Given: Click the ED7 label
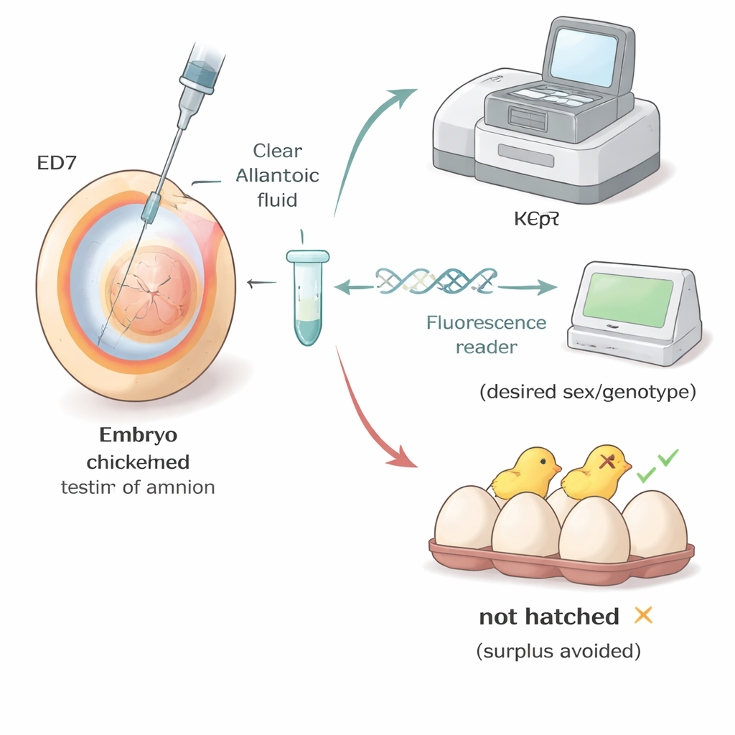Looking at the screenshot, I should click(x=55, y=163).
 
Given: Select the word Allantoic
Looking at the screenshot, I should click(x=277, y=176).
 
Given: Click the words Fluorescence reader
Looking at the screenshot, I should click(x=486, y=334).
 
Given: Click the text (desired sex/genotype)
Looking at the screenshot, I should click(x=587, y=393).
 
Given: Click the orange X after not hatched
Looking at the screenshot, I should click(x=643, y=615).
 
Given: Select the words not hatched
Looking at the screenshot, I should click(x=548, y=617).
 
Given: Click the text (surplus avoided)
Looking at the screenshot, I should click(x=558, y=652).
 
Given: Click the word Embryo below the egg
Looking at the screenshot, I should click(x=139, y=435).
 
